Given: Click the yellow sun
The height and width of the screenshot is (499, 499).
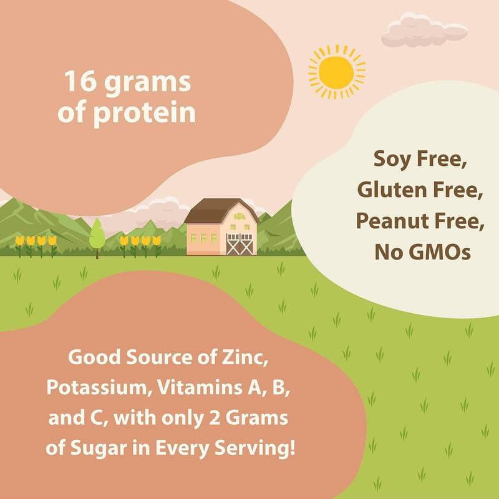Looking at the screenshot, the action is point(337,72).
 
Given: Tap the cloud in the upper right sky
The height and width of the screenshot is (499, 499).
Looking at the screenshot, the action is point(424,30).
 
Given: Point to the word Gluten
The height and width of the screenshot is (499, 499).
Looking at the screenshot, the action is point(392,190).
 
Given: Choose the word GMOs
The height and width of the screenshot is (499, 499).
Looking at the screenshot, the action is point(439,252).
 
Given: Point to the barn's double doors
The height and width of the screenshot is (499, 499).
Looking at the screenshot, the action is point(240,244).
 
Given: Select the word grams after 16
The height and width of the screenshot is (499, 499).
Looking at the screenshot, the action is point(148,83).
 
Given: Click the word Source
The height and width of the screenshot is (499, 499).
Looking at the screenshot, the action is point(160,357).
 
